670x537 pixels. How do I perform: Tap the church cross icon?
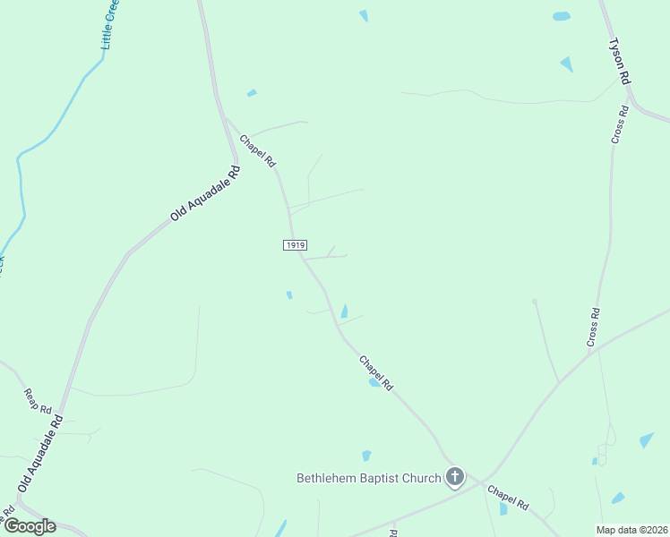pos(455,476)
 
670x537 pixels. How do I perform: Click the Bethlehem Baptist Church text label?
pos(369,478)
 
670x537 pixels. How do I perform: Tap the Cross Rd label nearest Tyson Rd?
pos(620,124)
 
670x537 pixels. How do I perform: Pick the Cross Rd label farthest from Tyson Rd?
pos(593,327)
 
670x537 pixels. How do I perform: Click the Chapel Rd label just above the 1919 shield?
pos(257,149)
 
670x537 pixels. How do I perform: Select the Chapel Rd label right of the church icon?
pos(508,498)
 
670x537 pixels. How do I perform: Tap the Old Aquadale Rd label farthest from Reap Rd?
pos(206,193)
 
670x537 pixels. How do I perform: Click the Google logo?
pos(30,526)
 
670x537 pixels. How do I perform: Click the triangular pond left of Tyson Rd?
pos(566,64)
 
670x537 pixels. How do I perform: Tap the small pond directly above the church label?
pos(366,456)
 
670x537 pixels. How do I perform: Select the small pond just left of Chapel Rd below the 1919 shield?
pos(288,294)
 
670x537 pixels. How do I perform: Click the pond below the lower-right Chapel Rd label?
pos(502,509)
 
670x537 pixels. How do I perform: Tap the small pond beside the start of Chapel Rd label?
pos(252,93)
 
